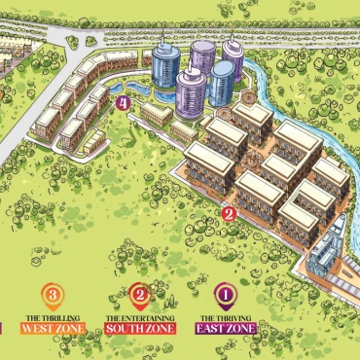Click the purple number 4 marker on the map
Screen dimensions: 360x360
point(123,102)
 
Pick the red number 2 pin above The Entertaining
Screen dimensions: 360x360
point(139,293)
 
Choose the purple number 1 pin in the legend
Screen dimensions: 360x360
point(226,293)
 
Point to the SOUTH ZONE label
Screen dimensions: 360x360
point(139,329)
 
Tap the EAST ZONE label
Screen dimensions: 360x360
point(226,329)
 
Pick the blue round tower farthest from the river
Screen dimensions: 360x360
point(163,68)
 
